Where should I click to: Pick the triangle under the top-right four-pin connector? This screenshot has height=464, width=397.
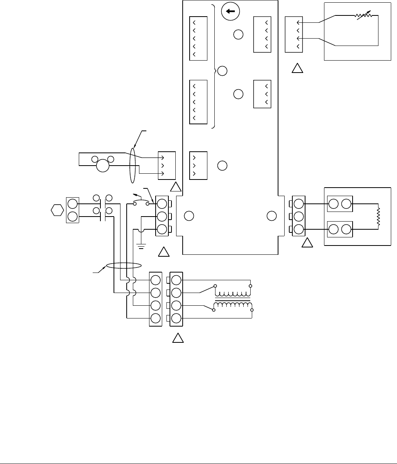click(297, 69)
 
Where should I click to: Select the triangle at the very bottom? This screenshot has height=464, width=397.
click(177, 339)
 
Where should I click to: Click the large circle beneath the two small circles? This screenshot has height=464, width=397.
click(103, 166)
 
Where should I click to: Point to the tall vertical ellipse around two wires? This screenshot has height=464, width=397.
click(133, 166)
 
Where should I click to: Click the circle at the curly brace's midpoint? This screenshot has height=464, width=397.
click(222, 71)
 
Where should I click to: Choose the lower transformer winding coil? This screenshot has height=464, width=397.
click(232, 306)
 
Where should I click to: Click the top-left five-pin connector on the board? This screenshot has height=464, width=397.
click(198, 38)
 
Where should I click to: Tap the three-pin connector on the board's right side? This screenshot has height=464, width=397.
click(262, 94)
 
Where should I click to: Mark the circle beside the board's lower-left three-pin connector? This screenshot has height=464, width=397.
click(222, 166)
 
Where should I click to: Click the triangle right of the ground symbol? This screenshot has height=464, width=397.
click(164, 252)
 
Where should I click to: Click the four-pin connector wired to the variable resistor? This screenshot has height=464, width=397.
click(294, 34)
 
